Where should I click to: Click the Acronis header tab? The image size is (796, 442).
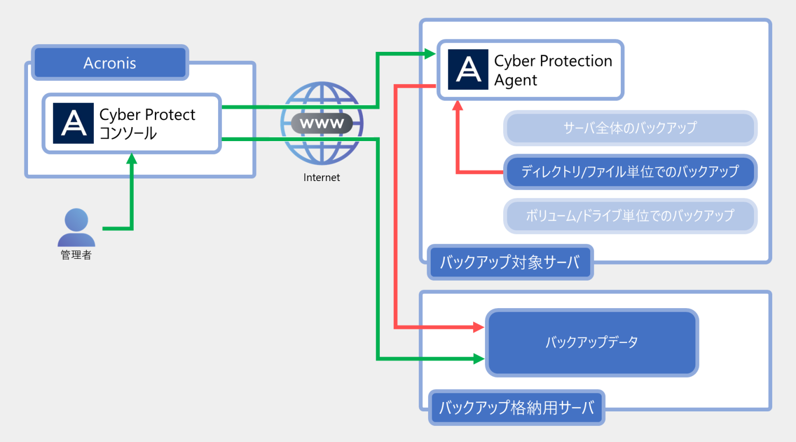(x=110, y=63)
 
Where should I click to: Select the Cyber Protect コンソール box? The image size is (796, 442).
(x=132, y=123)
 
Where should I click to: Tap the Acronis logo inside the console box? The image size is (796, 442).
(x=74, y=123)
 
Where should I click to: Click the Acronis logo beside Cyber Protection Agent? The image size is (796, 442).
(x=468, y=70)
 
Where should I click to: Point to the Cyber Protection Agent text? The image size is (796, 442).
(x=552, y=70)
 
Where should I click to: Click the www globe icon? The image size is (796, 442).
(x=322, y=123)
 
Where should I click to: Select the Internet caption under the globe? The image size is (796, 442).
(x=321, y=177)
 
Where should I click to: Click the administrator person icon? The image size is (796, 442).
(x=76, y=227)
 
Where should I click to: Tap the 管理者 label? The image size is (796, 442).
(x=76, y=255)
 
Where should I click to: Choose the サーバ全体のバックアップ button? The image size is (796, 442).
(x=630, y=128)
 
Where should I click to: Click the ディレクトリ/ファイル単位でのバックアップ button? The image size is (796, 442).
(x=630, y=172)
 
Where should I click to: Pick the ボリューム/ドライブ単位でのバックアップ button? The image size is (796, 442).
(x=630, y=215)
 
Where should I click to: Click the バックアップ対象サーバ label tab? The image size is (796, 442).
(x=510, y=262)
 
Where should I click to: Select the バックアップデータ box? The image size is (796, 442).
(x=592, y=342)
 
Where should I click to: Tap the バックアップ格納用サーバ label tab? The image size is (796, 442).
(x=517, y=407)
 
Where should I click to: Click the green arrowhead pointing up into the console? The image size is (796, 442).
(x=132, y=159)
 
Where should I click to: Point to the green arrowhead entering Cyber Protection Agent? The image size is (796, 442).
(x=430, y=53)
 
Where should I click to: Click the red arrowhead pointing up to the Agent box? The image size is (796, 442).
(x=458, y=105)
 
